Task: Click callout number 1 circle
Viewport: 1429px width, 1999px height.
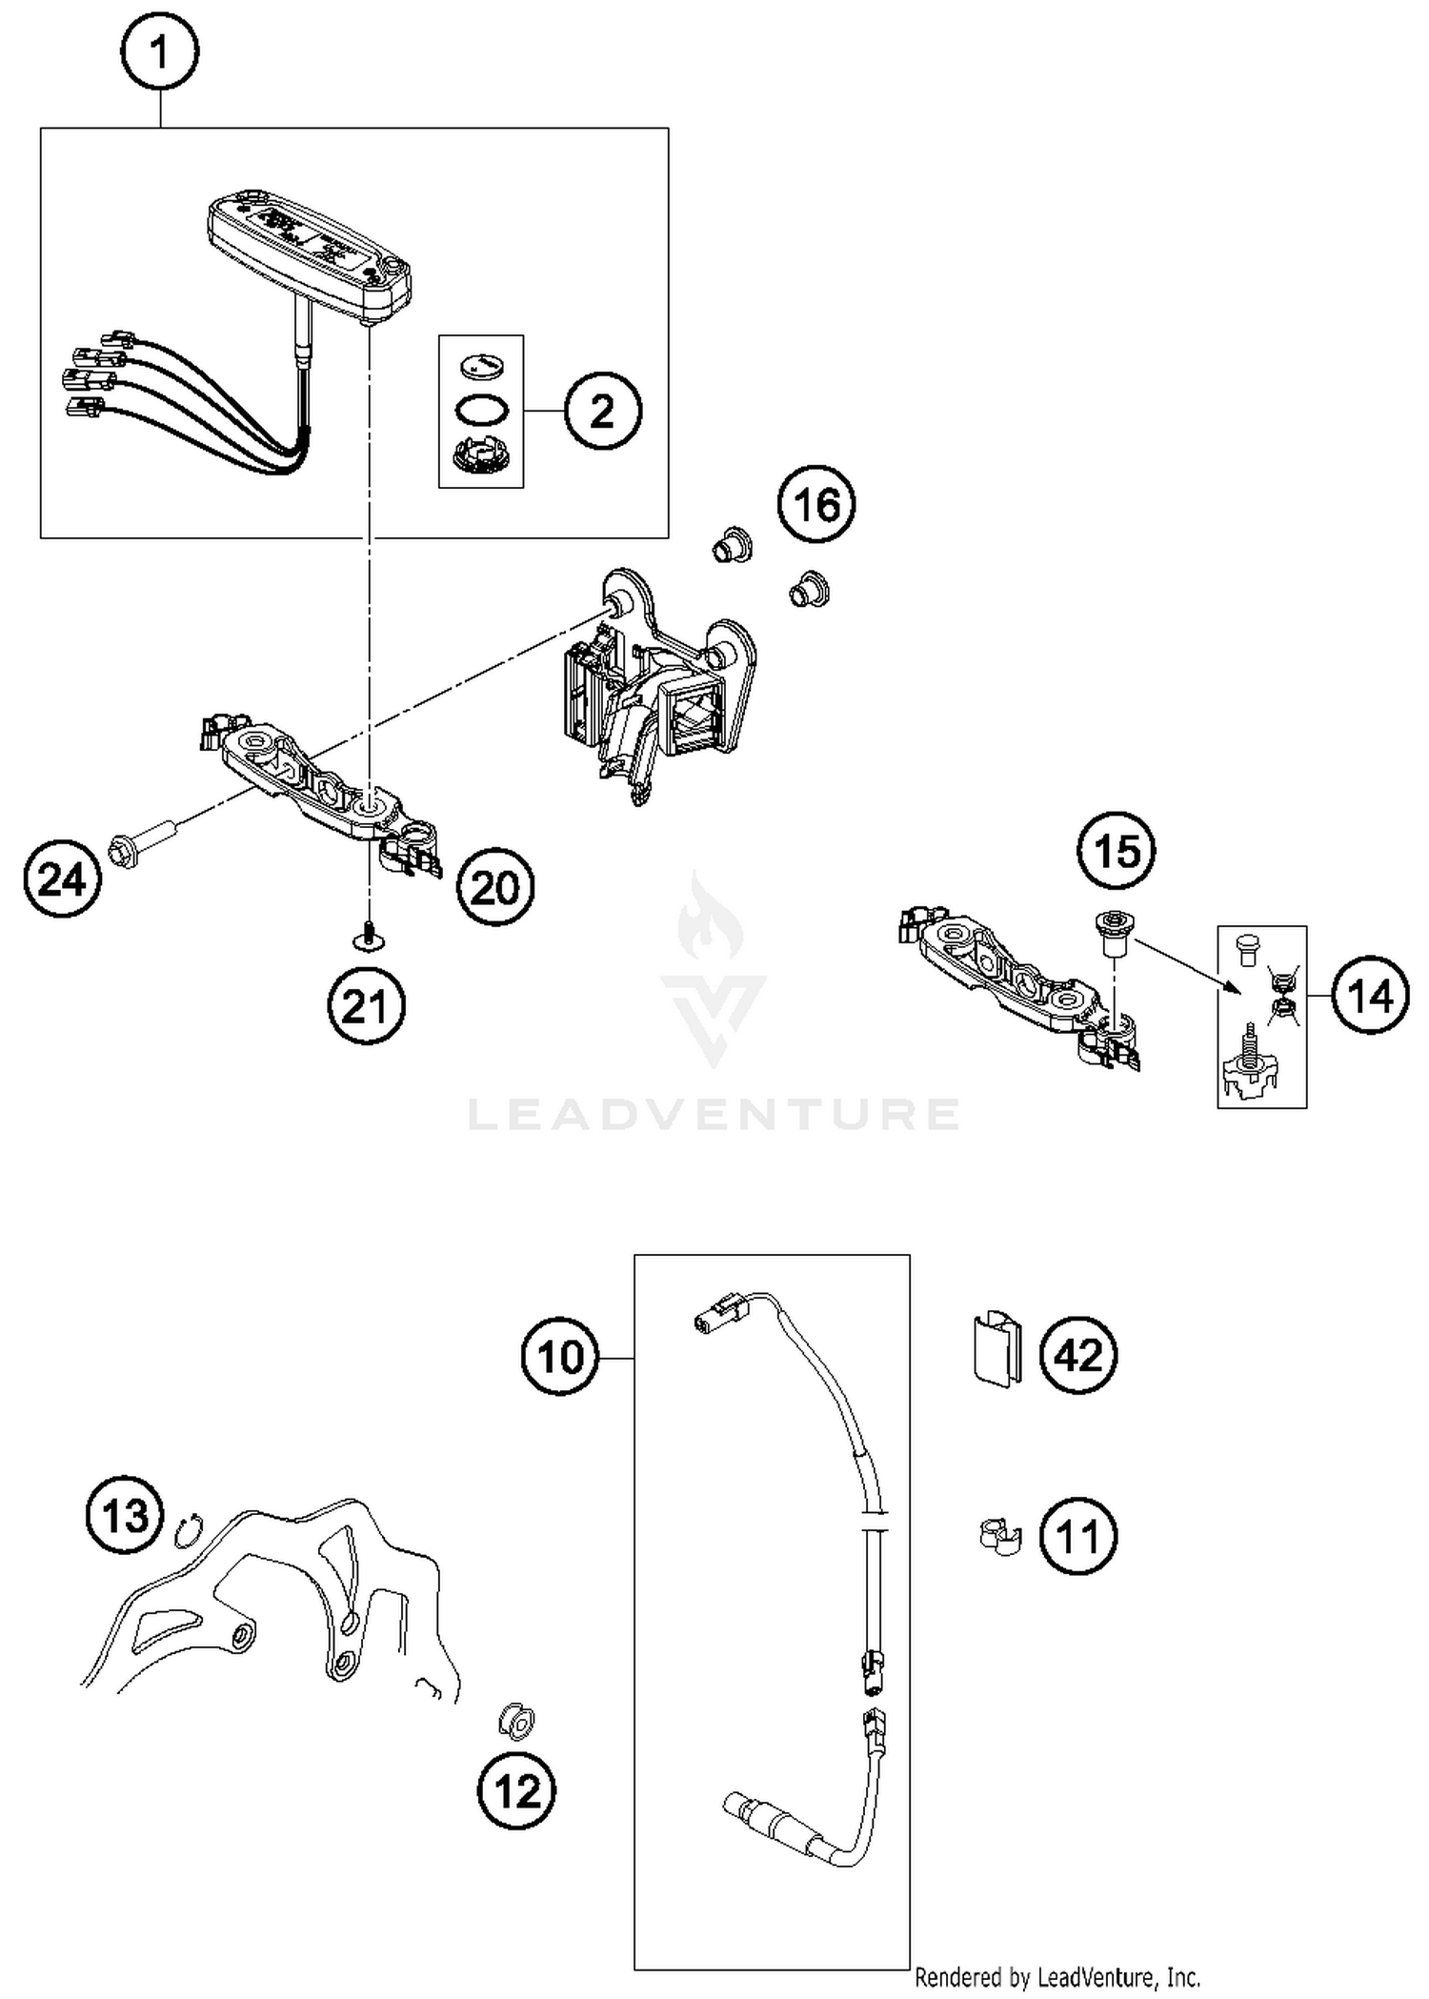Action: click(x=159, y=53)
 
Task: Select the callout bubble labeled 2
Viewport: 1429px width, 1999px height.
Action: click(x=602, y=412)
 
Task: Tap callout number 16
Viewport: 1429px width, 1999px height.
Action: click(x=815, y=504)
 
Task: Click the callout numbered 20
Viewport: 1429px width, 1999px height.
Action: click(x=494, y=888)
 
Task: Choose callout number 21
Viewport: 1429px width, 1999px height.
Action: click(x=367, y=1006)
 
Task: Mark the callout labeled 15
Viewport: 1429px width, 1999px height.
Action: click(x=1117, y=850)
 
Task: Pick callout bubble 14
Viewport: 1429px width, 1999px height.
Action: click(x=1370, y=997)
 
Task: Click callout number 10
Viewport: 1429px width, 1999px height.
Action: click(x=560, y=1357)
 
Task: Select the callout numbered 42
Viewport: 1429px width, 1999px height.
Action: click(x=1077, y=1355)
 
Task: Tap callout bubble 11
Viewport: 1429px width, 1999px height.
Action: click(x=1077, y=1536)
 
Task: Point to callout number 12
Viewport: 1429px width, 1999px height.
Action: click(x=516, y=1792)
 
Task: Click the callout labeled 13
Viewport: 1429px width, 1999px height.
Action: click(x=125, y=1515)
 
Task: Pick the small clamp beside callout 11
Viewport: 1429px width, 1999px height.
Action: click(x=998, y=1535)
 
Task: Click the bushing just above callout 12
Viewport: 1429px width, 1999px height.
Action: click(x=517, y=1720)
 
